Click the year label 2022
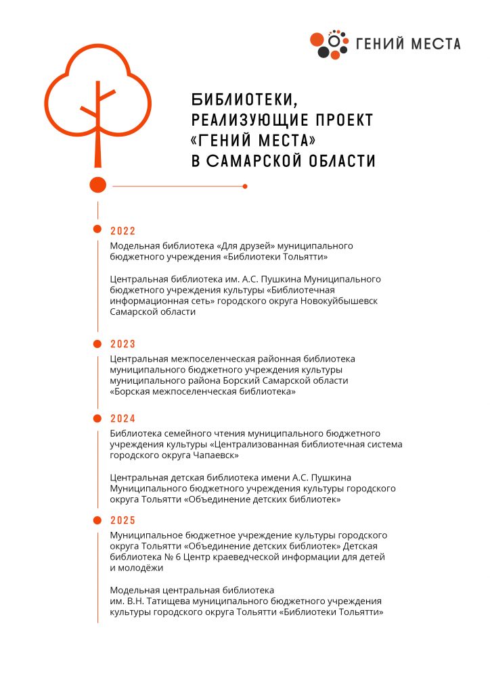[x=123, y=231]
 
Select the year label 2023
[x=123, y=344]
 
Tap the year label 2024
[x=123, y=418]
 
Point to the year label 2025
[x=123, y=520]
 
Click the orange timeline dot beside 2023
[x=97, y=344]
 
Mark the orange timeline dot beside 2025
[x=97, y=520]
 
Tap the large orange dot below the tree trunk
[x=98, y=184]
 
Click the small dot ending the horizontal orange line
[x=245, y=186]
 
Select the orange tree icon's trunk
[x=98, y=135]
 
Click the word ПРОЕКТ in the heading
[x=345, y=121]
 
